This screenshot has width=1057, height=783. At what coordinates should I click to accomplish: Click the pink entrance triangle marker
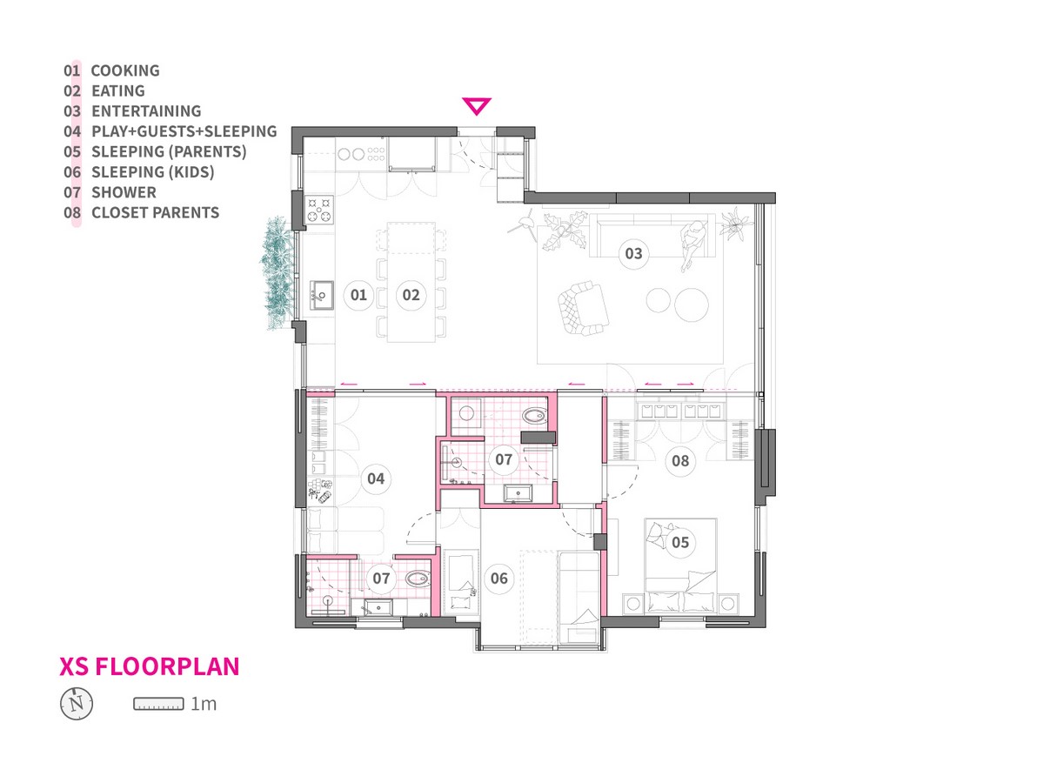pyautogui.click(x=476, y=105)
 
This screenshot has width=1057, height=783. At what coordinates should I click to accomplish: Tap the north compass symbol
pyautogui.click(x=77, y=703)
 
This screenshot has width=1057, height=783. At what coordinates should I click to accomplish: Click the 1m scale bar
pyautogui.click(x=158, y=704)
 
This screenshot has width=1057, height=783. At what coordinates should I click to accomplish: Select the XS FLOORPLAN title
pyautogui.click(x=149, y=666)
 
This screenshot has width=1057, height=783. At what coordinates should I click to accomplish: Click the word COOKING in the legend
pyautogui.click(x=125, y=70)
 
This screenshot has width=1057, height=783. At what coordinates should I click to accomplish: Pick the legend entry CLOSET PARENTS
pyautogui.click(x=156, y=212)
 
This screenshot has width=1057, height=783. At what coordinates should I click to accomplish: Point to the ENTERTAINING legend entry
pyautogui.click(x=146, y=111)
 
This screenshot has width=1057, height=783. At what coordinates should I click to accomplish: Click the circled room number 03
pyautogui.click(x=633, y=253)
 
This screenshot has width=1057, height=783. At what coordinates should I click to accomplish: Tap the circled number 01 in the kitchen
pyautogui.click(x=358, y=295)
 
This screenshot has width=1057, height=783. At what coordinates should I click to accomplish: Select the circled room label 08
pyautogui.click(x=680, y=461)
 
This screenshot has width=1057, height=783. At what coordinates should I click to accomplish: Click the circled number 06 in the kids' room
pyautogui.click(x=499, y=578)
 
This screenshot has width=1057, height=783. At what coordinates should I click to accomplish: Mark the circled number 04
pyautogui.click(x=376, y=478)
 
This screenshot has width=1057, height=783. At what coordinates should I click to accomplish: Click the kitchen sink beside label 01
pyautogui.click(x=322, y=295)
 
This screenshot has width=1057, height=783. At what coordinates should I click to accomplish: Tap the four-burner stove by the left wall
pyautogui.click(x=318, y=210)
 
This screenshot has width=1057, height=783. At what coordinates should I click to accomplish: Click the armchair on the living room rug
pyautogui.click(x=583, y=308)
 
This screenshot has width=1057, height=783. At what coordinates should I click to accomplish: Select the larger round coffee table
pyautogui.click(x=691, y=305)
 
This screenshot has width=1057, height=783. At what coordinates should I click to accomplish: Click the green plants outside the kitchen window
pyautogui.click(x=278, y=272)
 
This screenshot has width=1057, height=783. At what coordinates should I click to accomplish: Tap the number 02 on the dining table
pyautogui.click(x=411, y=295)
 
